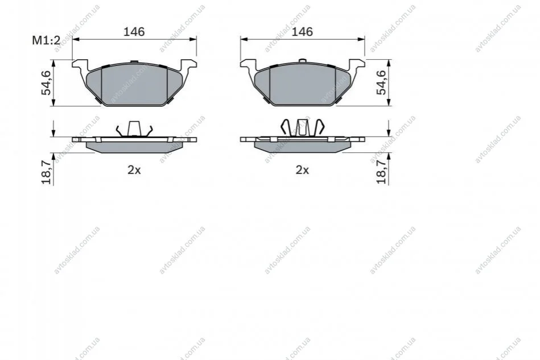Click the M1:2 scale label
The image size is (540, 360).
[x=46, y=40]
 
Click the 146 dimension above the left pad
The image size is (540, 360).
[x=134, y=32]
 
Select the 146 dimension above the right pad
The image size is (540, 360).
[x=302, y=32]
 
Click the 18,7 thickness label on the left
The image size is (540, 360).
[x=46, y=172]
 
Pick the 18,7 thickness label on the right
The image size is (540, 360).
[x=382, y=172]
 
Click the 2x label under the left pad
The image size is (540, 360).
[x=134, y=170]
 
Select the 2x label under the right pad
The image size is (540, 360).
[x=302, y=170]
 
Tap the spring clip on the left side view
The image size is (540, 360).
[x=134, y=129]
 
